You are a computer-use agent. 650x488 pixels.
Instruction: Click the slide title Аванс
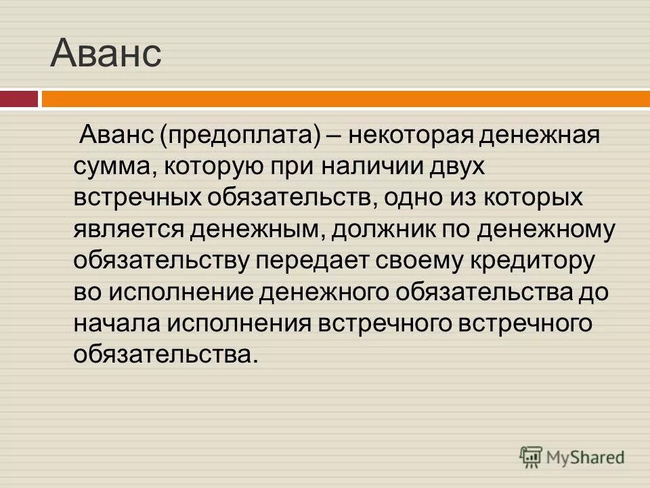[x=106, y=54]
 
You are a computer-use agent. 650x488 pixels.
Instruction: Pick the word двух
[x=469, y=167]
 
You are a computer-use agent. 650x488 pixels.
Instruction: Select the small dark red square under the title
[x=19, y=99]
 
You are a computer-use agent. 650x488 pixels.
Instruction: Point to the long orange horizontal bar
[x=345, y=99]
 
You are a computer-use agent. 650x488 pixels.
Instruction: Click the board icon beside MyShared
[x=532, y=456]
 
